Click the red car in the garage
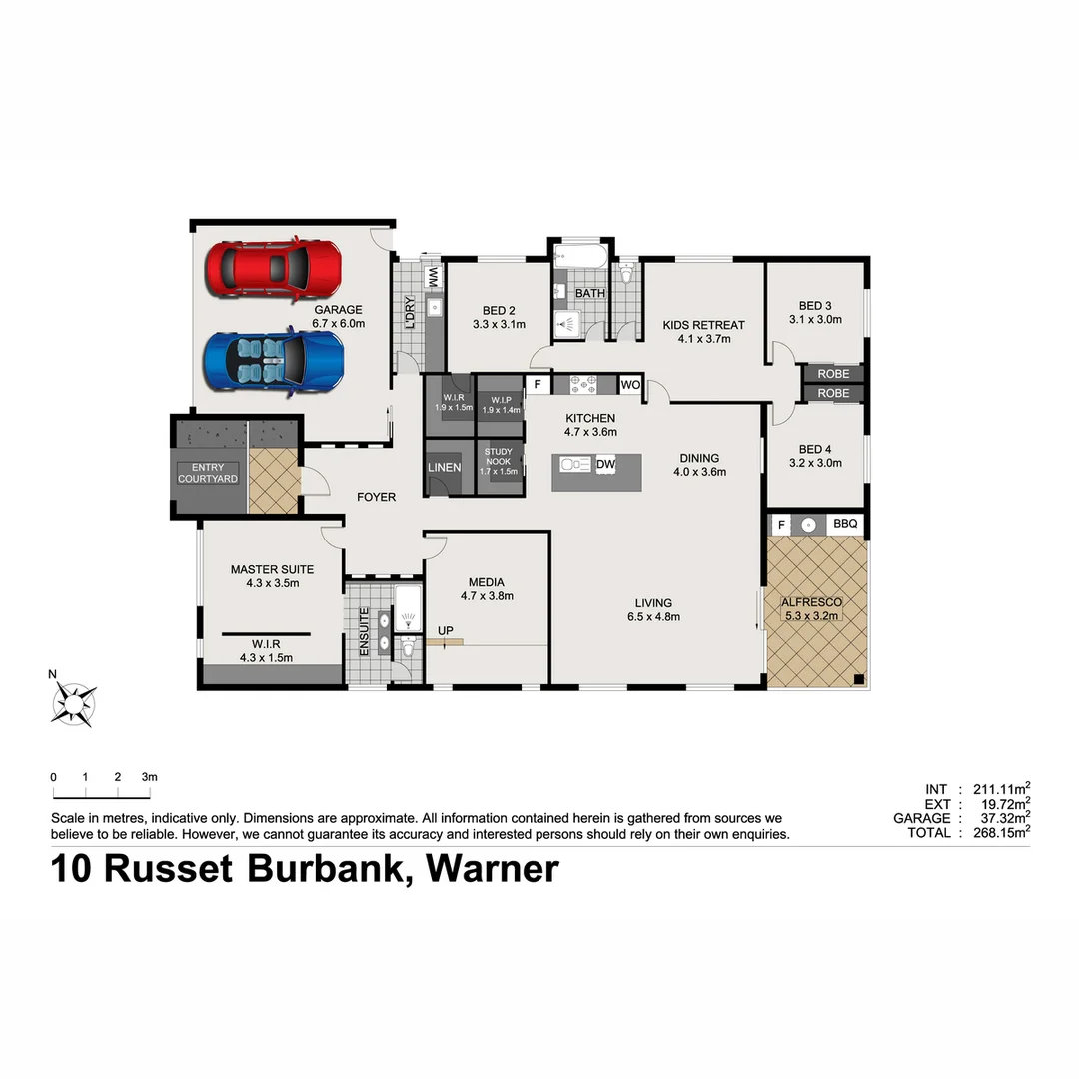(273, 269)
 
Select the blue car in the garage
(273, 360)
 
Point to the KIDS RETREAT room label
(703, 325)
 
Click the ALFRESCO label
(811, 602)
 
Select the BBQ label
(845, 524)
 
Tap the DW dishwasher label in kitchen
(605, 464)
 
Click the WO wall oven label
(630, 384)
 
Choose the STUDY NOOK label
(498, 461)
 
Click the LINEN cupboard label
(444, 468)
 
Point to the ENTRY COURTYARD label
(208, 473)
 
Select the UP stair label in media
(445, 630)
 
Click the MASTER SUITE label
(272, 569)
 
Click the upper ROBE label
(833, 374)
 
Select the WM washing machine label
(434, 275)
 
